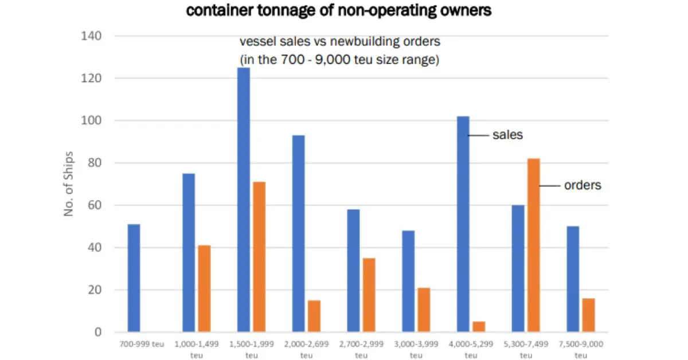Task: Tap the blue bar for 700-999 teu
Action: point(134,278)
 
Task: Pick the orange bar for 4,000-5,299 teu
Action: point(479,327)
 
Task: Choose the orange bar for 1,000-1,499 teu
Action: point(204,289)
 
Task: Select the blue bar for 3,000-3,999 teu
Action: point(408,281)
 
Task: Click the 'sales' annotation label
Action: point(507,135)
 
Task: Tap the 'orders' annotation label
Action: point(582,186)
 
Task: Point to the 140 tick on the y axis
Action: point(91,36)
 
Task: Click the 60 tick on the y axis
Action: point(95,205)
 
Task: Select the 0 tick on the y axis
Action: point(98,332)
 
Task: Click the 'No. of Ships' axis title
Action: point(69,184)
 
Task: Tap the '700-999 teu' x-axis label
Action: point(134,345)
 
